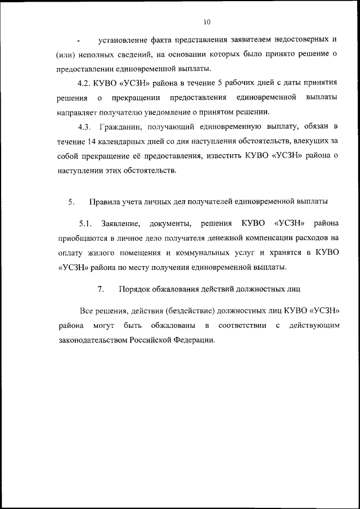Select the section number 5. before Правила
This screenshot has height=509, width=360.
71,201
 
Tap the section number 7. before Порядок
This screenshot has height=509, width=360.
101,289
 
